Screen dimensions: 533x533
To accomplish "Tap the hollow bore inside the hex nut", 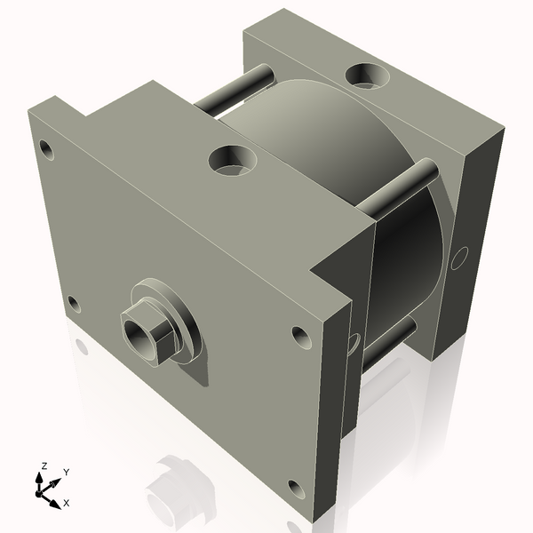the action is coord(135,336).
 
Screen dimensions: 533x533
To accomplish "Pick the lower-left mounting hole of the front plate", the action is coord(74,304).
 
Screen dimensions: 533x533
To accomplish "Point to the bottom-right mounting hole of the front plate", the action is coord(296,489).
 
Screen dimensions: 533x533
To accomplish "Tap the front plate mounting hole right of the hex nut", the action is coord(301,338).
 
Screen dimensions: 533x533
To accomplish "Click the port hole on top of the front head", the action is coord(233,160).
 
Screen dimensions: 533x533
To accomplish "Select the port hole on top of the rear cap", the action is coord(367,76).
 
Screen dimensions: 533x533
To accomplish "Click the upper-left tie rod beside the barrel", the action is coord(235,89).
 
